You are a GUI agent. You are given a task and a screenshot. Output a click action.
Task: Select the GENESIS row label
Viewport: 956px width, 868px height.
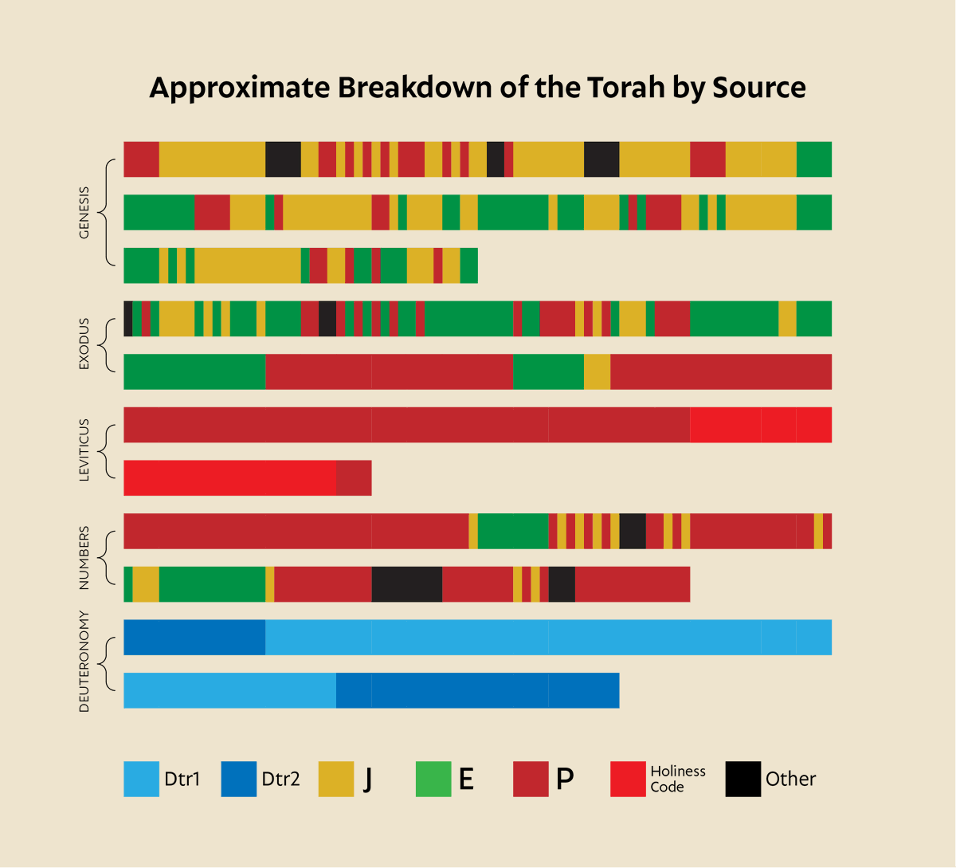[x=84, y=213]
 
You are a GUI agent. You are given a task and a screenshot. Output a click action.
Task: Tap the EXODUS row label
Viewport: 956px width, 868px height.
[x=84, y=344]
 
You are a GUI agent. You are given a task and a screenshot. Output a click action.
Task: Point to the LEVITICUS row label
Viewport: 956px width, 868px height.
[x=84, y=450]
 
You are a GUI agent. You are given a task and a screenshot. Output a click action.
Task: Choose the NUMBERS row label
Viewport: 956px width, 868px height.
[x=84, y=558]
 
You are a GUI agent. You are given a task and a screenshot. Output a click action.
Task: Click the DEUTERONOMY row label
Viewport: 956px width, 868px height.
[x=84, y=662]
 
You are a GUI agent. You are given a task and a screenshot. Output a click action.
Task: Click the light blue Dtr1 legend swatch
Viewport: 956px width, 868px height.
[x=141, y=779]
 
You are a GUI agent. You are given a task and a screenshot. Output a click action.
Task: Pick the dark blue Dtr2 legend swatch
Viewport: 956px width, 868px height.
[x=238, y=779]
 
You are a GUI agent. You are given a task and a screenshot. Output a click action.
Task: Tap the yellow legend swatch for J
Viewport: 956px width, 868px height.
[x=335, y=779]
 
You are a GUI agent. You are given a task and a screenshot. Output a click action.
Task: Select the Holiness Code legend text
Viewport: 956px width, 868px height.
[x=677, y=779]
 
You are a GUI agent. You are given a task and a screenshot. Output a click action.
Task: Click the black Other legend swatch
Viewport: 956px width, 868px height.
[x=742, y=779]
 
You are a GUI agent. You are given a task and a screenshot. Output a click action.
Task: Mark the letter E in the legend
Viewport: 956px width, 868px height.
[x=467, y=779]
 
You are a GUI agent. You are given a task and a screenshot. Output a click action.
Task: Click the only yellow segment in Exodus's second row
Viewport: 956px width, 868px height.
[x=597, y=371]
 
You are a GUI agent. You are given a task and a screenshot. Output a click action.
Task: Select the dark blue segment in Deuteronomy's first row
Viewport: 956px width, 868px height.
[x=194, y=637]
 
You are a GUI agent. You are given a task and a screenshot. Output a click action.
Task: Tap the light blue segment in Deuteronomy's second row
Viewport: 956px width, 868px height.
[x=229, y=690]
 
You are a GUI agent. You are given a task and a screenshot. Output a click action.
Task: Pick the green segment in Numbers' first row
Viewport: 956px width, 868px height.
[x=512, y=531]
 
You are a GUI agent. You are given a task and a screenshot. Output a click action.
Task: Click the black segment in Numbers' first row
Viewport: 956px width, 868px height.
[x=632, y=531]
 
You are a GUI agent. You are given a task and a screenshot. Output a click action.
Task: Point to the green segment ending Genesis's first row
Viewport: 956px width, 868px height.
[x=813, y=159]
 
